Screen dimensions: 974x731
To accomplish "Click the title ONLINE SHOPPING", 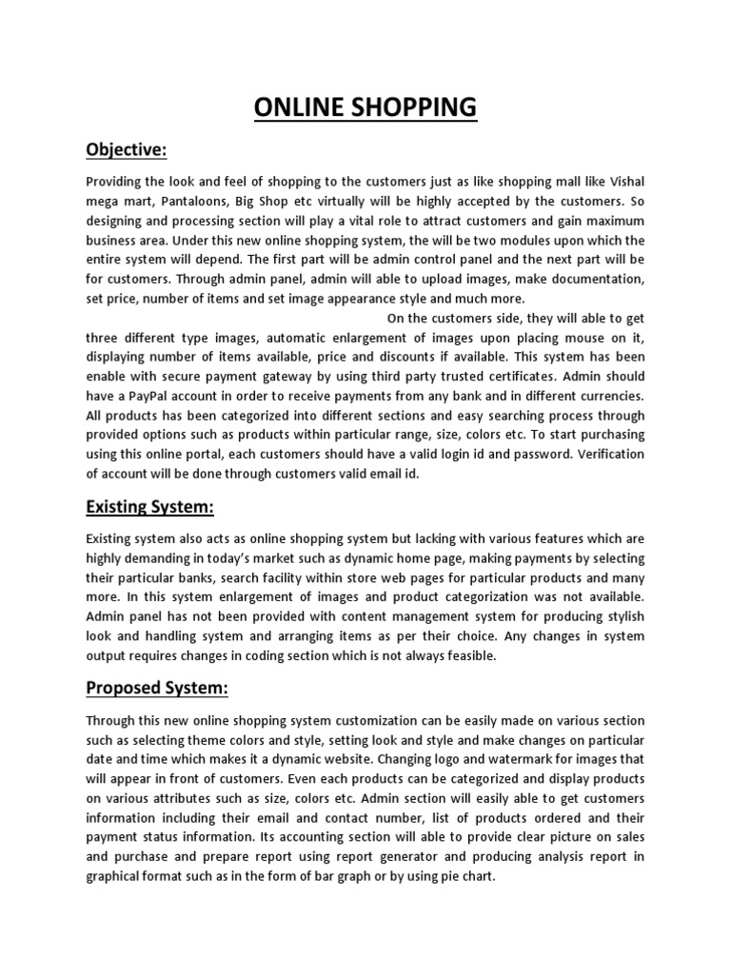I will click(365, 107).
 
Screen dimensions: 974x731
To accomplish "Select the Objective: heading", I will click(127, 149).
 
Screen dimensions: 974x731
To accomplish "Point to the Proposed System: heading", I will click(166, 688).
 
